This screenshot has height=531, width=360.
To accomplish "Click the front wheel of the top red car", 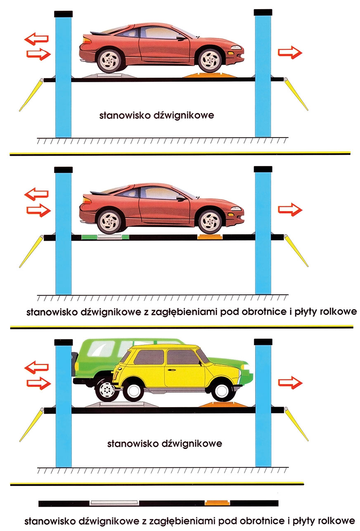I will coord(210,60).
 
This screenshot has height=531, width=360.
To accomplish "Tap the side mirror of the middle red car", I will coord(181,198).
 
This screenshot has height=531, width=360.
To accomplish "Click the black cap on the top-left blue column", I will coord(63,14).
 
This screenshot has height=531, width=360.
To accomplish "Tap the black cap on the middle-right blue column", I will coord(263,169).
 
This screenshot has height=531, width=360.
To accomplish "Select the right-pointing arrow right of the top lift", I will coord(290,52).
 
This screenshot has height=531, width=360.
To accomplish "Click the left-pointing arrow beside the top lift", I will coord(37,39).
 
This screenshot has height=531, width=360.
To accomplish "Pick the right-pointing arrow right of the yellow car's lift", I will coord(290,383).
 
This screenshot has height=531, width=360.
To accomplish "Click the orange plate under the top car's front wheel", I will coord(206,76).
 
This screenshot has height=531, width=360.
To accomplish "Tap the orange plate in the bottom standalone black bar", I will coord(218,503).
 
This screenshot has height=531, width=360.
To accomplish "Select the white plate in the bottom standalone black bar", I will coord(114,503).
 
